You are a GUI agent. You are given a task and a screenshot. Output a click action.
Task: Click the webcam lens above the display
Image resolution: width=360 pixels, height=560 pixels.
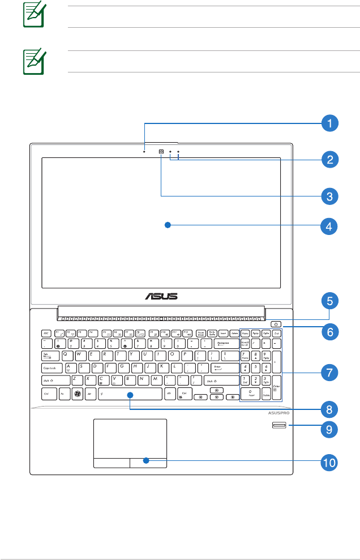point(162,151)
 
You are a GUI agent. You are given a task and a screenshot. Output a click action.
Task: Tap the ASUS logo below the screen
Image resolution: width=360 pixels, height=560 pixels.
point(162,296)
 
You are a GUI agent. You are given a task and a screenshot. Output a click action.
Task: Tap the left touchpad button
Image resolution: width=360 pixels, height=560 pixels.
point(110,461)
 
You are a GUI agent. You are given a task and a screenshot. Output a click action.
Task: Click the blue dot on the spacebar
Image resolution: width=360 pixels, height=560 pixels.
point(130,394)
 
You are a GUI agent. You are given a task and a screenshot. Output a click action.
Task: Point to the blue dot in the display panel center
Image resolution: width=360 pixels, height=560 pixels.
point(167,225)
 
